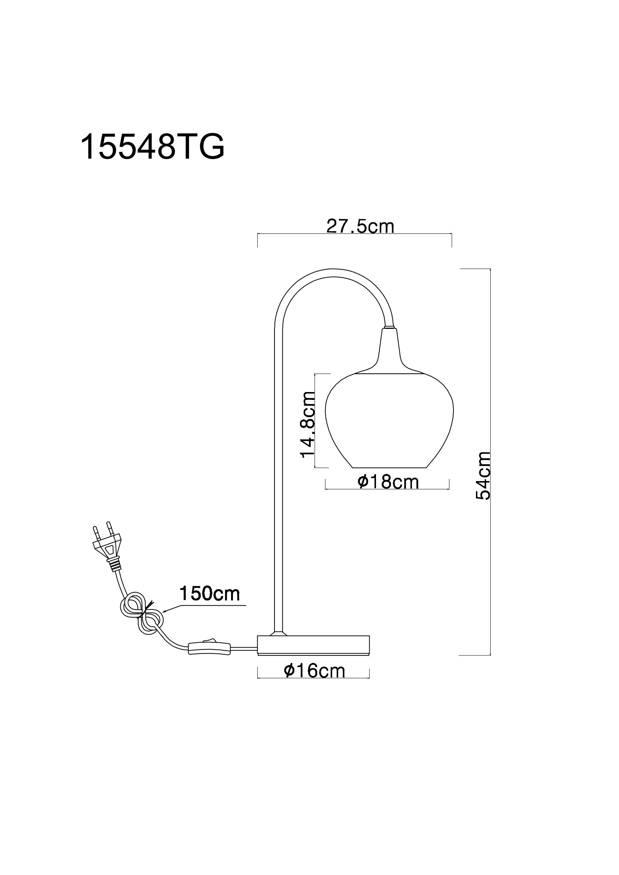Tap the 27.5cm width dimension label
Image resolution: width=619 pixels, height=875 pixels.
click(x=360, y=226)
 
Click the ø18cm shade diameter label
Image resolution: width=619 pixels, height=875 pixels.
click(x=388, y=482)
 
